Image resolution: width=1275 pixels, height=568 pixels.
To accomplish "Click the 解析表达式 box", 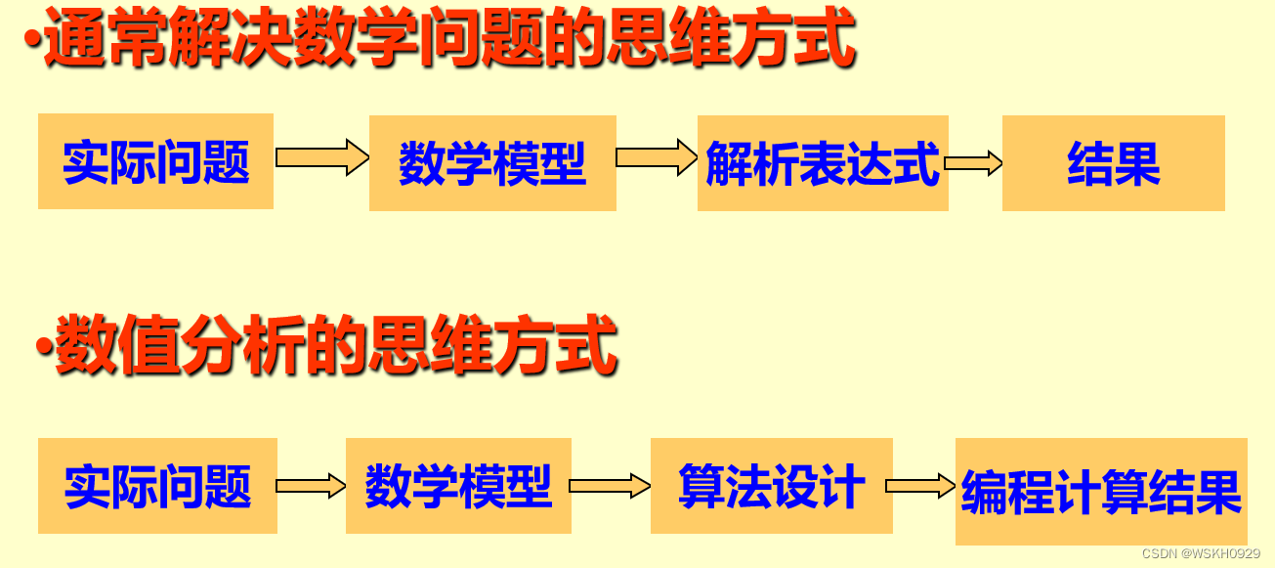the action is (823, 163).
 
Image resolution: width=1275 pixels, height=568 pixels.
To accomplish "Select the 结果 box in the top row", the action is (1113, 163).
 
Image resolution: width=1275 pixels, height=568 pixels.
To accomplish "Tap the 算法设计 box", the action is (771, 486).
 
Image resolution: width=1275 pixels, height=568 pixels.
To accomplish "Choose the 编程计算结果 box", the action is (1101, 492).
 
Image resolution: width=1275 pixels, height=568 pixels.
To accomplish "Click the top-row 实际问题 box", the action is (155, 161).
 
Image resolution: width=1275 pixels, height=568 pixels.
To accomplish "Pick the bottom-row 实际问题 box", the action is (157, 486).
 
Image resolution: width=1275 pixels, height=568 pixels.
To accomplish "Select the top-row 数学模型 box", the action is (492, 163).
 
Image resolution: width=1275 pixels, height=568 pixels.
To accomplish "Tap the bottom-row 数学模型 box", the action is (458, 486).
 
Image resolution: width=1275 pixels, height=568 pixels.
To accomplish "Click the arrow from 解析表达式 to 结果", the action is (974, 163).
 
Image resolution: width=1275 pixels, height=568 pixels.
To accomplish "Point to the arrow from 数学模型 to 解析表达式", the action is (656, 157).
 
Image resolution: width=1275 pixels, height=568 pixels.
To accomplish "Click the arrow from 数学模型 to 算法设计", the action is (610, 486).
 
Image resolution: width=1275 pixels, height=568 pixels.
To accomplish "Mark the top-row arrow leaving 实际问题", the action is (320, 157).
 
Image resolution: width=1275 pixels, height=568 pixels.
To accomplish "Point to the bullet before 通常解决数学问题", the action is (33, 42).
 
